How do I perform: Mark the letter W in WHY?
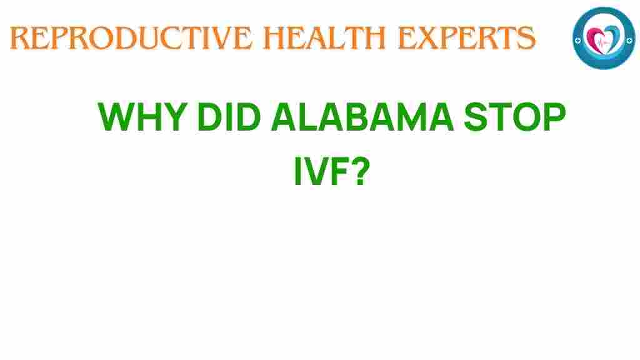coord(117,117)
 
